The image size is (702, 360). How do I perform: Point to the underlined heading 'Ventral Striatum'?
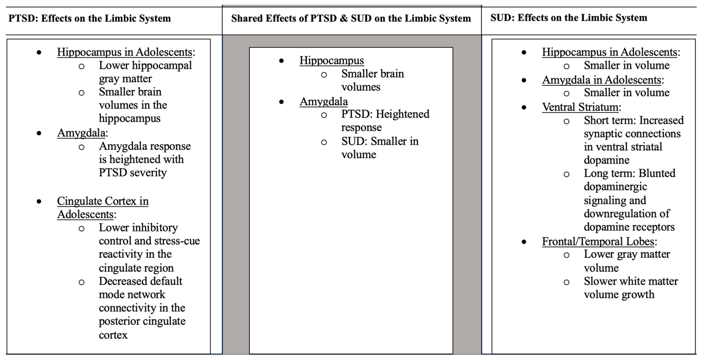580,107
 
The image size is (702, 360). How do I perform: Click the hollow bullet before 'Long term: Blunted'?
566,174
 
